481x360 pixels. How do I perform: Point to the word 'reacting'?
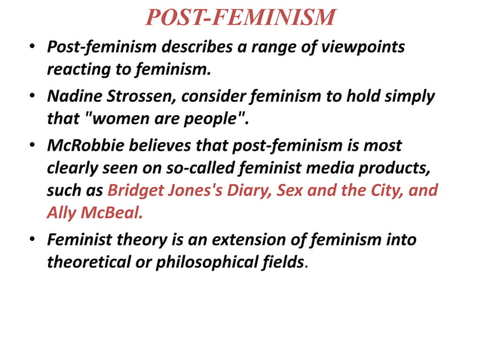(78, 71)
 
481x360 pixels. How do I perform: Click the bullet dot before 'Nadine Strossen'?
(33, 97)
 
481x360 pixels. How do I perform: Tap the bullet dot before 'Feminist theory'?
(33, 241)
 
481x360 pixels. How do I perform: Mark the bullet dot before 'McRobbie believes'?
(33, 145)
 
